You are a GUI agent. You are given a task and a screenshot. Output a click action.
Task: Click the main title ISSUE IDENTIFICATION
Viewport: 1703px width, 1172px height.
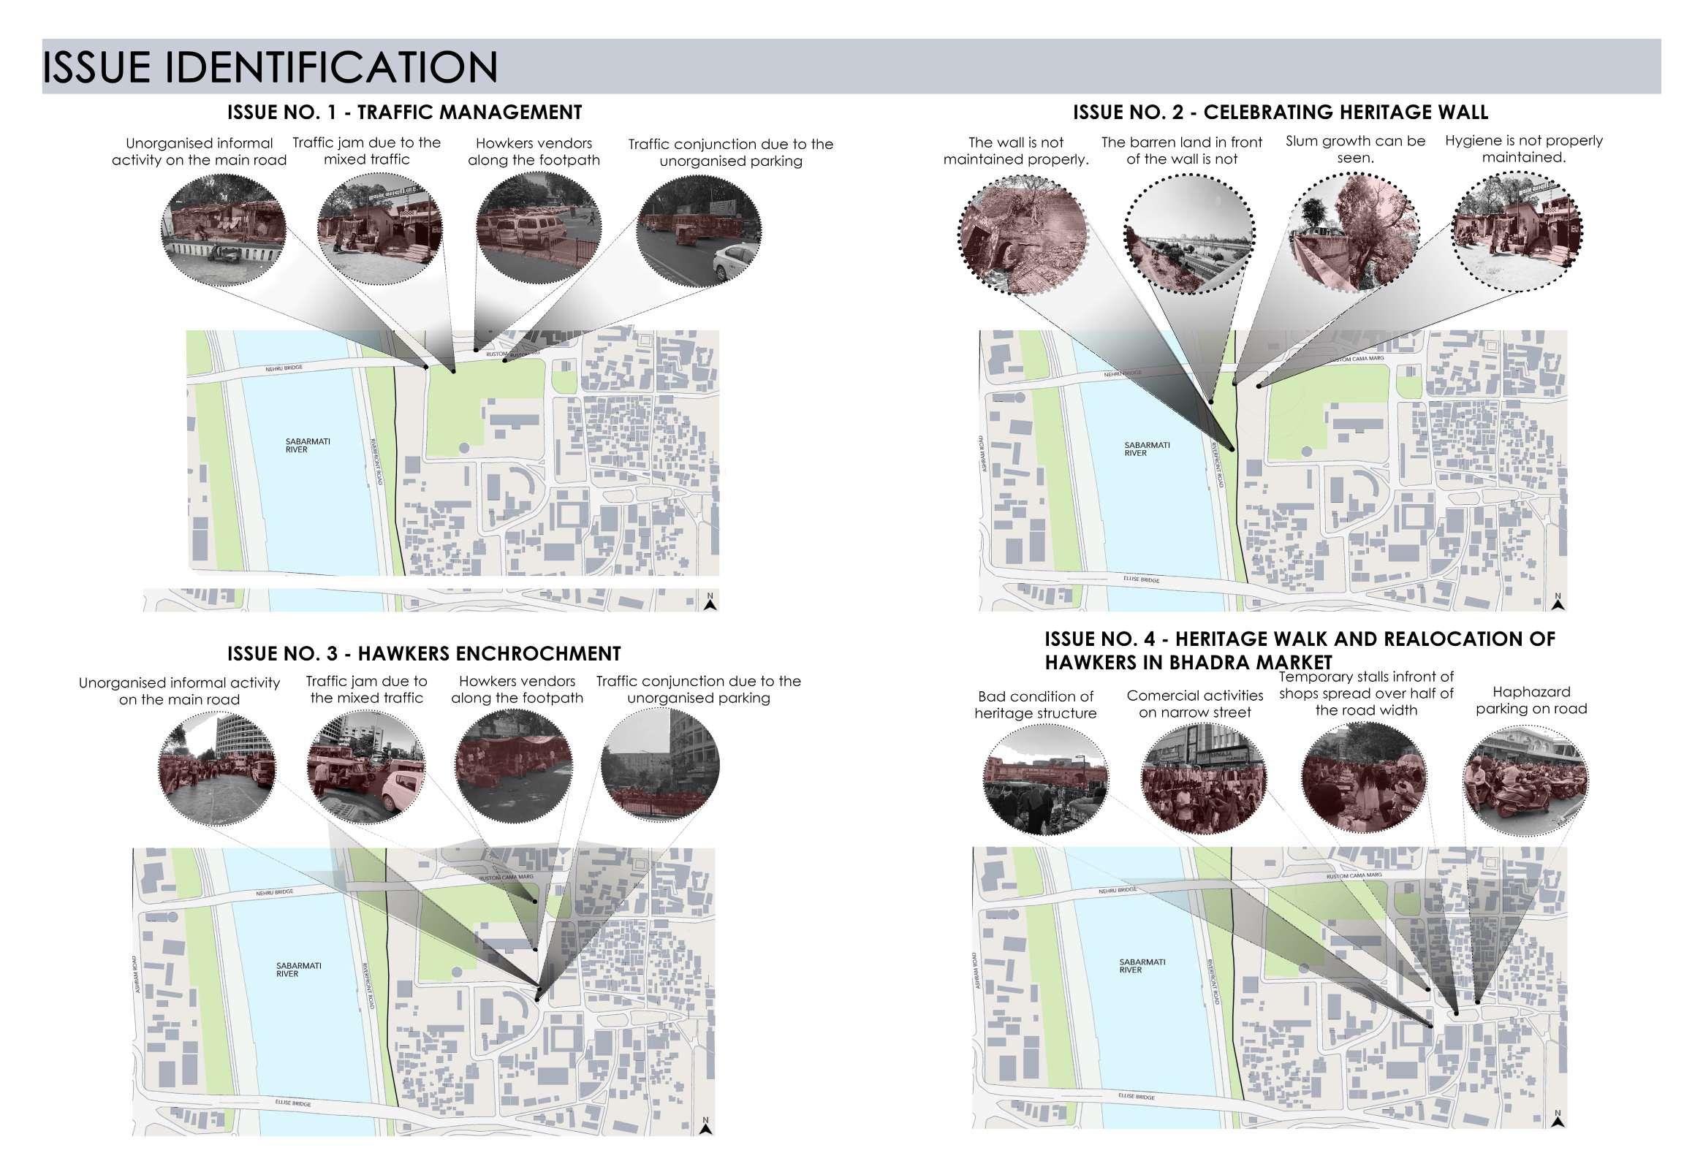click(x=270, y=67)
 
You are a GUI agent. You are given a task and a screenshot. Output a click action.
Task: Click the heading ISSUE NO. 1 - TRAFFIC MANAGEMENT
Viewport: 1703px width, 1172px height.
click(x=404, y=113)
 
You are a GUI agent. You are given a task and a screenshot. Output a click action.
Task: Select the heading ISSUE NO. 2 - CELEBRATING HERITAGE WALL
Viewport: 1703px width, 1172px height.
click(x=1280, y=113)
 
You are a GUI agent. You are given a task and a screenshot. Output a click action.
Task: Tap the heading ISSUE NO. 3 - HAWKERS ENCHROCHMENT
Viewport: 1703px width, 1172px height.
click(x=424, y=653)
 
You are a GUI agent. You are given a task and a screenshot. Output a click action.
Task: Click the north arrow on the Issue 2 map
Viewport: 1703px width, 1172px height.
click(x=1558, y=602)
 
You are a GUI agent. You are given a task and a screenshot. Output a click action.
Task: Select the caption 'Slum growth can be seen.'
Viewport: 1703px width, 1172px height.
click(x=1355, y=149)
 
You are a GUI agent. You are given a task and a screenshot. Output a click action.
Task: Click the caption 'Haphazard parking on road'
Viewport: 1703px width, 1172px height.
click(x=1531, y=700)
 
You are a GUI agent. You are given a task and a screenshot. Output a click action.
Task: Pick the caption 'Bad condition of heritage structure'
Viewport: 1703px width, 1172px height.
click(x=1035, y=704)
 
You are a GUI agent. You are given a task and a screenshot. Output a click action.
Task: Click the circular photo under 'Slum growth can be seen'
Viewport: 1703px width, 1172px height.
click(x=1355, y=232)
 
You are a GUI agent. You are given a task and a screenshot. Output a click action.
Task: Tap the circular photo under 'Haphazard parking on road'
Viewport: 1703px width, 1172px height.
click(x=1525, y=780)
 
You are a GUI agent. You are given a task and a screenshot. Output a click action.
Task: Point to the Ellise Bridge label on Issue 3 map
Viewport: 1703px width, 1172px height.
click(x=295, y=1104)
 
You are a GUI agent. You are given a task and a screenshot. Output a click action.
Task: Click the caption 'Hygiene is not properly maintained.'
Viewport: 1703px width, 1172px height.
click(x=1523, y=148)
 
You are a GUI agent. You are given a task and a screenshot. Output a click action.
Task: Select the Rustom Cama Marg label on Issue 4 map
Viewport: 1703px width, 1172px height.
click(x=1355, y=876)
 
